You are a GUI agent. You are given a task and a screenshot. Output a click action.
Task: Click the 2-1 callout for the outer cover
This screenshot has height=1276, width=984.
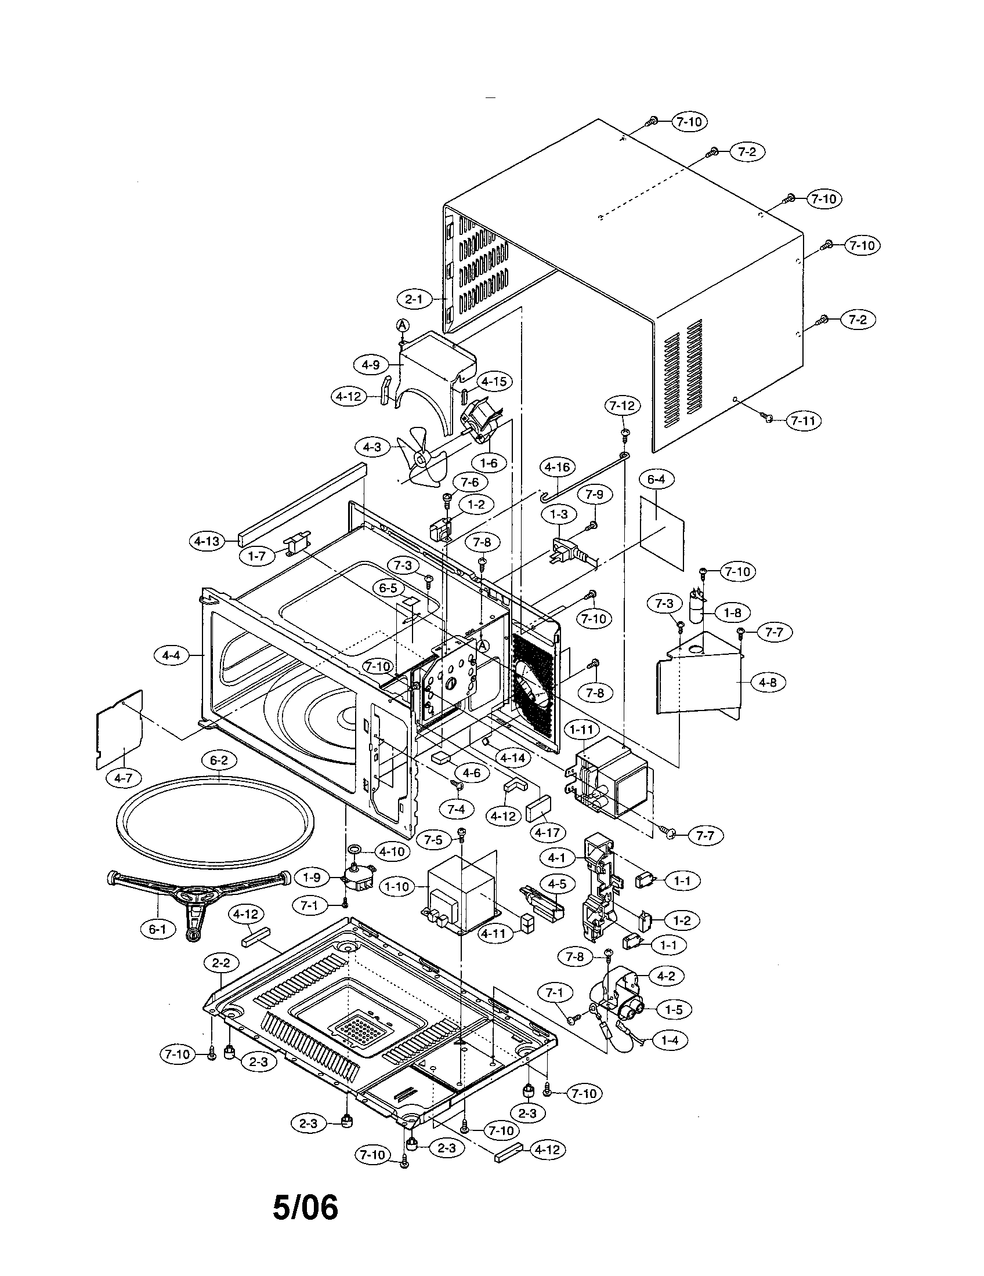[414, 299]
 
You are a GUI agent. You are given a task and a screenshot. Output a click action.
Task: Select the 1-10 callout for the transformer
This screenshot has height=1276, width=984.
[397, 887]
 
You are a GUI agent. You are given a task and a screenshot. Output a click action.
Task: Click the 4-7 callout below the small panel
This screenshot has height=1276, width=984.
[122, 778]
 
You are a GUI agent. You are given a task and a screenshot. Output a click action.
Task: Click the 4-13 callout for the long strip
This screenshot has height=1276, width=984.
[208, 541]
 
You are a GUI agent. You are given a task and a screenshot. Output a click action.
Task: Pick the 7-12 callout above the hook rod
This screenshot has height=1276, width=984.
[623, 405]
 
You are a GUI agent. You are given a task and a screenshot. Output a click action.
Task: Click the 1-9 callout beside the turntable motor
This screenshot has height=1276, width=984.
[312, 878]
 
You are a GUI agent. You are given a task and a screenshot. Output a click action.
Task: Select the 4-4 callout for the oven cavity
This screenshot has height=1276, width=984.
[171, 655]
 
